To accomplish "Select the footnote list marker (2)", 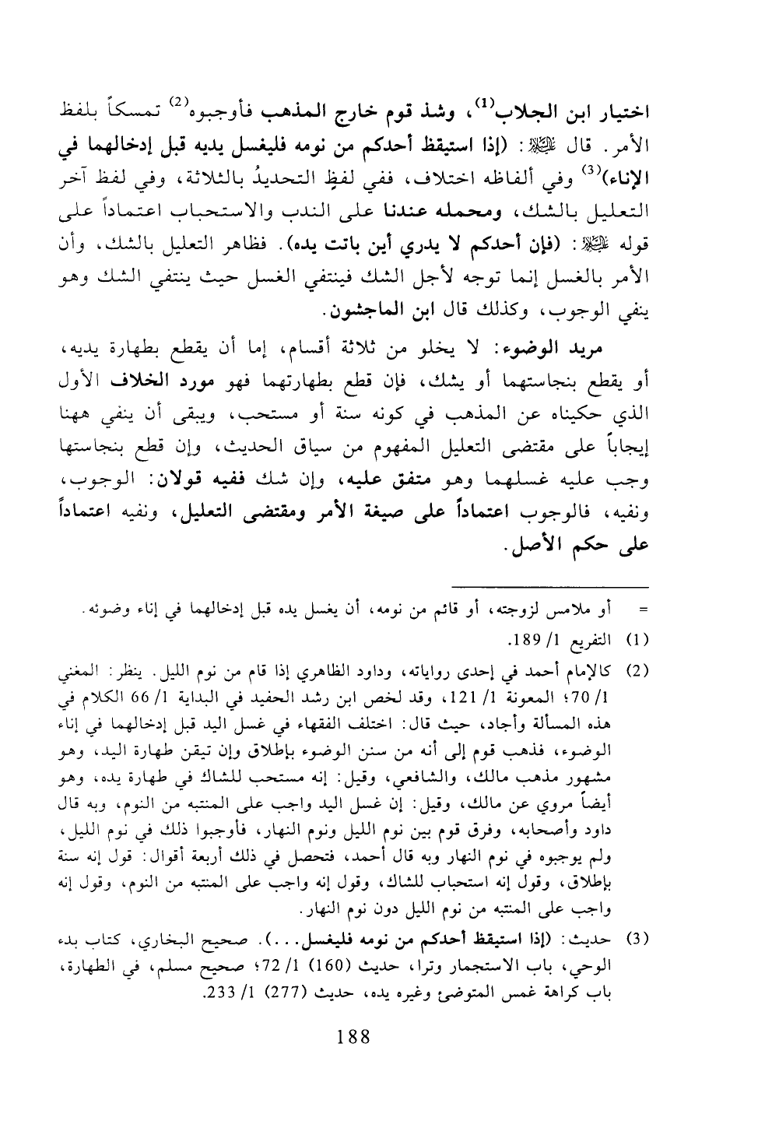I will (639, 670).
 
